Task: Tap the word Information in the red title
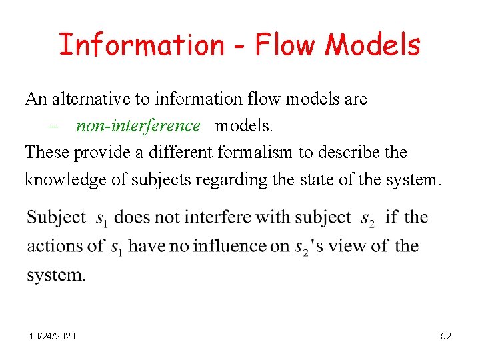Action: point(142,44)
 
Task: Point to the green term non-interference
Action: point(138,125)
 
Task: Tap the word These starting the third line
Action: point(47,152)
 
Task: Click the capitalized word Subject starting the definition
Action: point(57,217)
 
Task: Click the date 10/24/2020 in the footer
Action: point(52,336)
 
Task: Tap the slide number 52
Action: point(446,336)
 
